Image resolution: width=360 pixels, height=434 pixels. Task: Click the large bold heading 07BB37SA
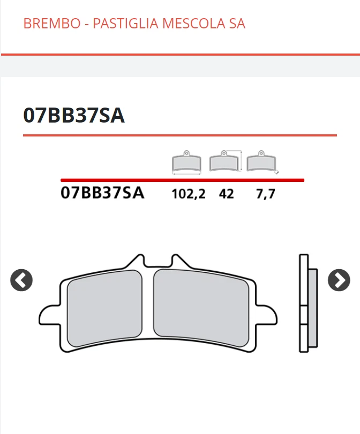coord(74,115)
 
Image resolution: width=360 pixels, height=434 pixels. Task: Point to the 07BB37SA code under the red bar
coord(102,193)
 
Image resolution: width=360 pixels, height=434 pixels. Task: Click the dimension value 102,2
coord(188,194)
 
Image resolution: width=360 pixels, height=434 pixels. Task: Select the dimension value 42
coord(226,194)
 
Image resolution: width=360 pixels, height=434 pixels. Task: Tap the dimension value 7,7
coord(265,194)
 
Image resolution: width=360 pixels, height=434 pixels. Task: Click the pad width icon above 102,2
coord(186,162)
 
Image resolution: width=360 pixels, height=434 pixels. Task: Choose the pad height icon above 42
coord(225,161)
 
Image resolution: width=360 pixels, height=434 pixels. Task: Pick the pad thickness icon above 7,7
coord(262,162)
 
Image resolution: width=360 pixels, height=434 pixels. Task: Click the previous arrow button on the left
coord(21,280)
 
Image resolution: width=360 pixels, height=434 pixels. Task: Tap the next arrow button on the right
coord(339,280)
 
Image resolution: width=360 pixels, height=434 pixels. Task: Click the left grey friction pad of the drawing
coord(104,306)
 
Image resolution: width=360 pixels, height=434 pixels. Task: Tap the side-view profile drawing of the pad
coord(307,303)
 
